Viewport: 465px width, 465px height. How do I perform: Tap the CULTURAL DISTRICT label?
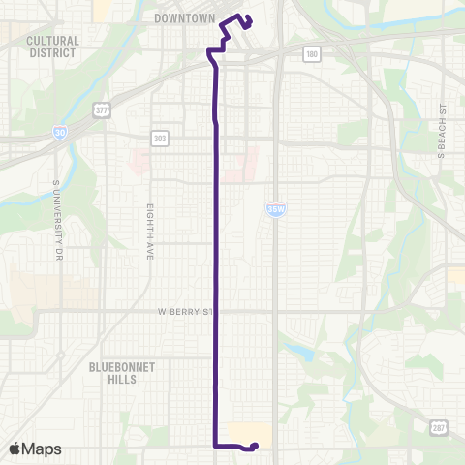pyautogui.click(x=51, y=46)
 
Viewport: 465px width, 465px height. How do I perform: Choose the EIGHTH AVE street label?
pyautogui.click(x=150, y=224)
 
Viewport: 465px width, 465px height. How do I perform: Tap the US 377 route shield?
pyautogui.click(x=101, y=111)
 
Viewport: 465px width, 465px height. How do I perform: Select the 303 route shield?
pyautogui.click(x=160, y=138)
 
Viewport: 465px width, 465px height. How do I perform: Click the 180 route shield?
pyautogui.click(x=310, y=55)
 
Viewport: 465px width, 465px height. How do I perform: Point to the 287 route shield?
pyautogui.click(x=437, y=425)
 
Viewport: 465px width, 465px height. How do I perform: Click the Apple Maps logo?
pyautogui.click(x=35, y=449)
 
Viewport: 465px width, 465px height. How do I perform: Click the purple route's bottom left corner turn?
pyautogui.click(x=214, y=446)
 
